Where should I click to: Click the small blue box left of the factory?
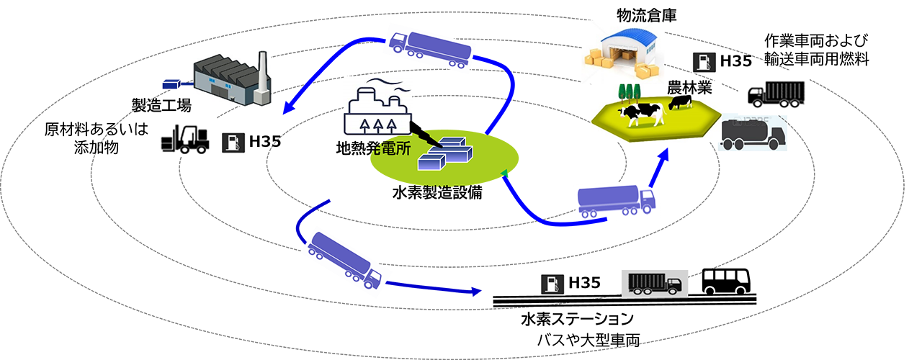coord(172,84)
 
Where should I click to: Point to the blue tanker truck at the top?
coord(430,50)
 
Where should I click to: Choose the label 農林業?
coord(689,89)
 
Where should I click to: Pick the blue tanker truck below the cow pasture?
coord(617,201)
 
